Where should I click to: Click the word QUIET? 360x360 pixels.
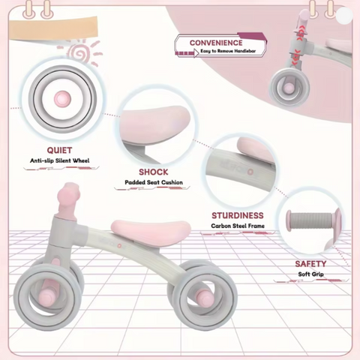coord(59,150)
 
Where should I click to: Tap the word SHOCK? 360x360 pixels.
coord(154,172)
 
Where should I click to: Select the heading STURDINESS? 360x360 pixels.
coord(238,215)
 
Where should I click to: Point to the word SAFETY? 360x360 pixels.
coord(310,264)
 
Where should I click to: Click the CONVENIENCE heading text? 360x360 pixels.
coord(216,43)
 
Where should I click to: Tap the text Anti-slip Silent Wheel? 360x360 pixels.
coord(60,160)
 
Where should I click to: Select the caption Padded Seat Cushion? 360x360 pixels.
coord(154,182)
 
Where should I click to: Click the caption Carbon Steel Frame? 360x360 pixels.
coord(238,226)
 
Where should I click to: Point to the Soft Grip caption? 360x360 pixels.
coord(310,274)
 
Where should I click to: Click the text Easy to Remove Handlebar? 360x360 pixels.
coord(228,51)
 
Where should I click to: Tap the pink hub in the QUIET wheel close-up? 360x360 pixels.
coord(62,99)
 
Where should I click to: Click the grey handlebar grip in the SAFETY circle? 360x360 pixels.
coord(310,220)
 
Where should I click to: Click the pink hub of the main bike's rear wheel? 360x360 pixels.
coord(204,295)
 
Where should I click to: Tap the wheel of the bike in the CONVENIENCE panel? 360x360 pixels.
coord(289,86)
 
